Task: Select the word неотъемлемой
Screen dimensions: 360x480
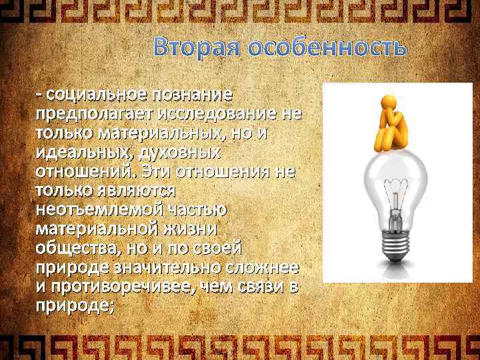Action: click(93, 209)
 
